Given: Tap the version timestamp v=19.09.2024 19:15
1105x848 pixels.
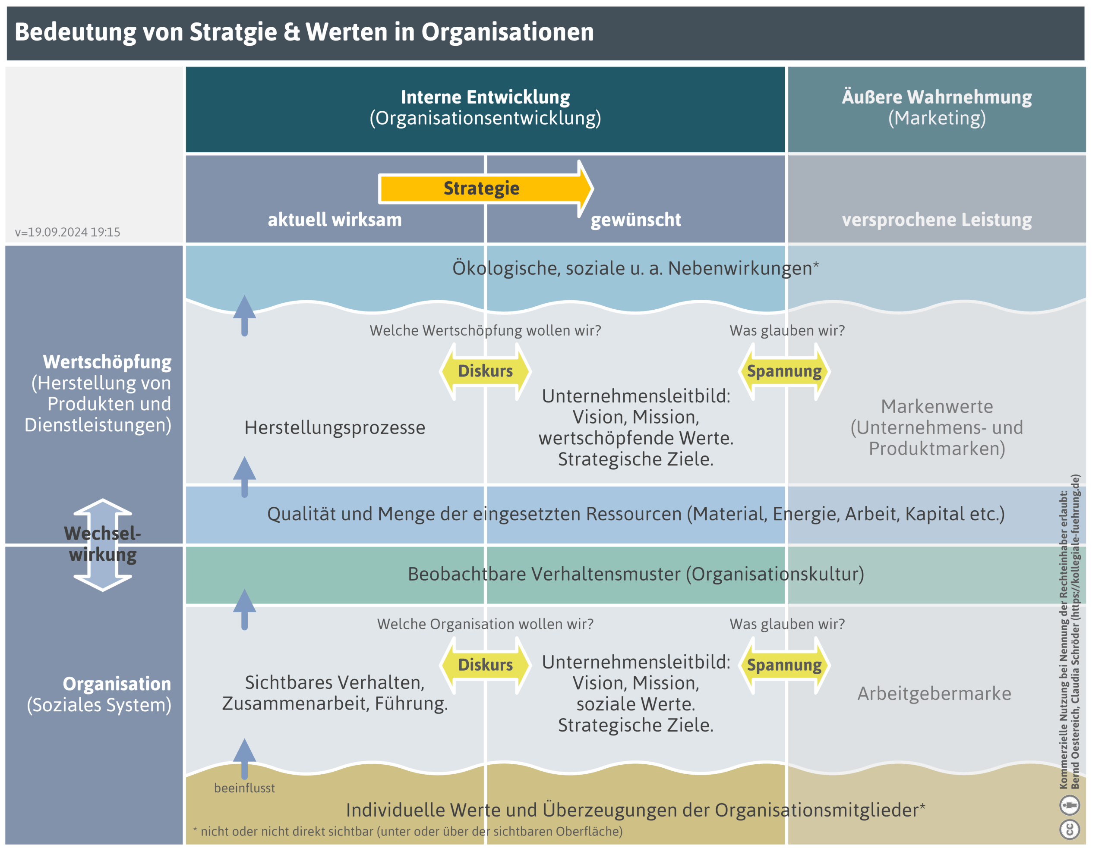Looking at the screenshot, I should pyautogui.click(x=67, y=232).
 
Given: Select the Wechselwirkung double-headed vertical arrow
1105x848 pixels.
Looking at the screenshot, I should pyautogui.click(x=103, y=545).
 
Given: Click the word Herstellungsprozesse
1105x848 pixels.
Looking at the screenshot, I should pyautogui.click(x=335, y=427).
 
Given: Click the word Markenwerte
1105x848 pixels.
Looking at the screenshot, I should pyautogui.click(x=936, y=406).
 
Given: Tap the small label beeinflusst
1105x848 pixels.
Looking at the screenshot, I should pyautogui.click(x=244, y=788).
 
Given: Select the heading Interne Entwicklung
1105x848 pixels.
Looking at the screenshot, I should pyautogui.click(x=485, y=97).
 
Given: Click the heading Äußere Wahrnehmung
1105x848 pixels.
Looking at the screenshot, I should pyautogui.click(x=936, y=97).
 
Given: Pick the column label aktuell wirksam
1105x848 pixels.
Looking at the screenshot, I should pyautogui.click(x=335, y=220).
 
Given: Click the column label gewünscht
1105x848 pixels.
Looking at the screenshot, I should pyautogui.click(x=635, y=220).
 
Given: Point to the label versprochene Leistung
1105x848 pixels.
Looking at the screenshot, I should pyautogui.click(x=936, y=220).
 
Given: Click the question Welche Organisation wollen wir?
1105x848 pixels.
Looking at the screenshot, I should pyautogui.click(x=485, y=624).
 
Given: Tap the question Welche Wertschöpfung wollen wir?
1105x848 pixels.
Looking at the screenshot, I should pyautogui.click(x=485, y=331).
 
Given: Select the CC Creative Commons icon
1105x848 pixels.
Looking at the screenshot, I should pyautogui.click(x=1069, y=829).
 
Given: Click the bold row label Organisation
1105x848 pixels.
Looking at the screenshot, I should pyautogui.click(x=117, y=684).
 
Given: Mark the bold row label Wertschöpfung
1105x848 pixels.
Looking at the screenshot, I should pyautogui.click(x=107, y=362).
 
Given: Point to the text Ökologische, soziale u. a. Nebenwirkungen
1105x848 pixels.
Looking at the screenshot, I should pyautogui.click(x=631, y=268).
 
